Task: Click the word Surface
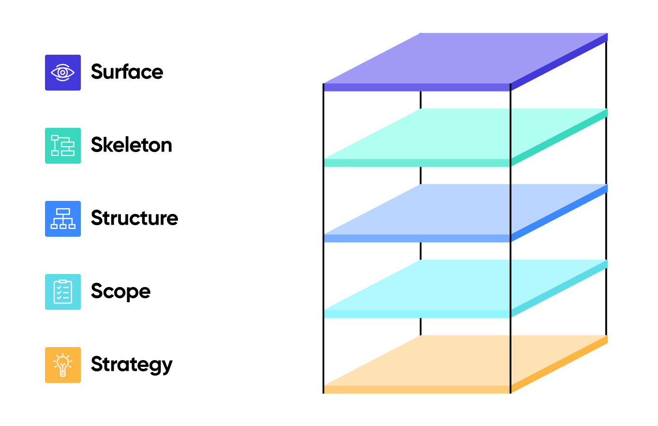tap(127, 72)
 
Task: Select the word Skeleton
tap(131, 145)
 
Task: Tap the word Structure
tap(134, 218)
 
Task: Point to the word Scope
tap(120, 291)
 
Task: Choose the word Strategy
tap(131, 365)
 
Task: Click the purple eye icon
tap(63, 73)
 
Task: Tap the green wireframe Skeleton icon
tap(63, 146)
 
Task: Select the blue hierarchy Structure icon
tap(63, 219)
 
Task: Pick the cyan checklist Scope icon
tap(63, 292)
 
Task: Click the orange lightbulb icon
tap(63, 365)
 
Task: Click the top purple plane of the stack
tap(464, 58)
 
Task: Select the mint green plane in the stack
tap(464, 134)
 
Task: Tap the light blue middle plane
tap(464, 209)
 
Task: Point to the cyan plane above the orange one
tap(464, 285)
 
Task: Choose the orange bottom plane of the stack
tap(464, 360)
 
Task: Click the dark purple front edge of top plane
tap(417, 87)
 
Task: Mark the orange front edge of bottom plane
tap(417, 389)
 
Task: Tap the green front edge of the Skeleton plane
tap(417, 163)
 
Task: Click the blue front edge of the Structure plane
tap(417, 238)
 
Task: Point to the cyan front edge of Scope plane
tap(417, 314)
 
